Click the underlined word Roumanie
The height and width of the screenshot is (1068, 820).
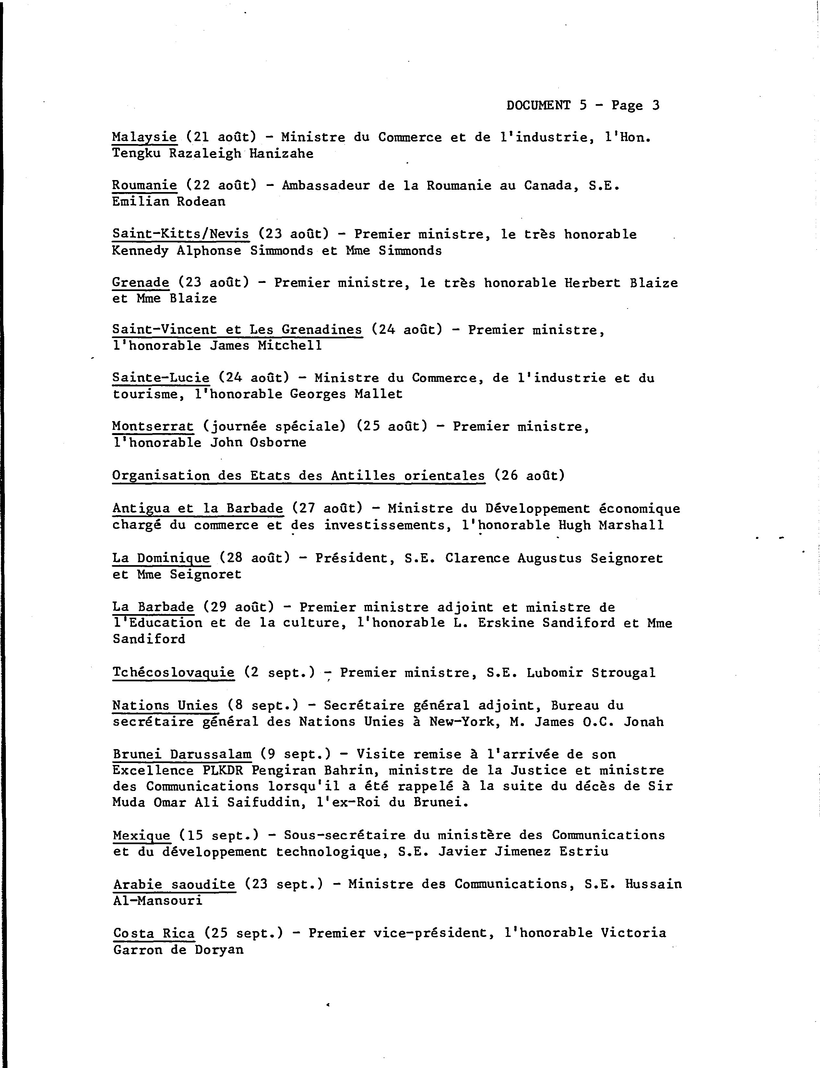pos(145,186)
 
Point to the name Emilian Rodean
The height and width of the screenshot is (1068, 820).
pos(169,202)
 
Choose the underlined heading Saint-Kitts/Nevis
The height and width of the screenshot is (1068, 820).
pos(181,235)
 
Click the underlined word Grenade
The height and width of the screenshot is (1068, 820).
pos(141,283)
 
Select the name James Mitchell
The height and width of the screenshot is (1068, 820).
pos(266,346)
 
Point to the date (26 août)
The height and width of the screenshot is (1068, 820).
pos(529,475)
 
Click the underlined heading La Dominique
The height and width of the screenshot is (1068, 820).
pos(161,558)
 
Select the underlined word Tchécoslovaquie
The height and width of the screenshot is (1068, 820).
pos(173,673)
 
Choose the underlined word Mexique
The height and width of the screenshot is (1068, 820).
pos(142,835)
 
